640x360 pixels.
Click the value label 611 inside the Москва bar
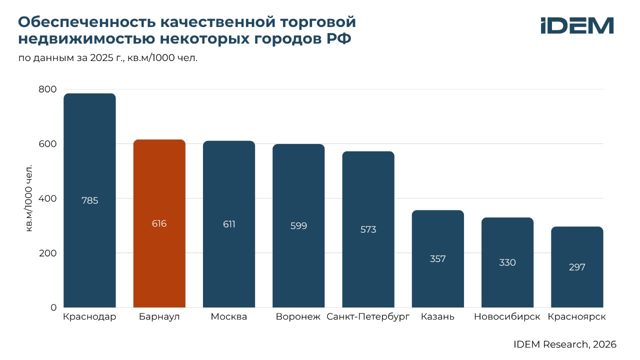229,224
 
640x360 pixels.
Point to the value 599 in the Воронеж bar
298,226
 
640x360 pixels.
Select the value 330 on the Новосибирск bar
507,262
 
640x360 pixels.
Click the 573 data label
368,230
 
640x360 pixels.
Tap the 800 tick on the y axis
47,89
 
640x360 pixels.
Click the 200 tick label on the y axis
47,253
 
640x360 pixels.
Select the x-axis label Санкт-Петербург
368,317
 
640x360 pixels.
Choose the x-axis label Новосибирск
507,317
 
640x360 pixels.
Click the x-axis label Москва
229,317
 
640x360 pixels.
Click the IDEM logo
577,26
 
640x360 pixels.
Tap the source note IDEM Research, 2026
565,344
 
